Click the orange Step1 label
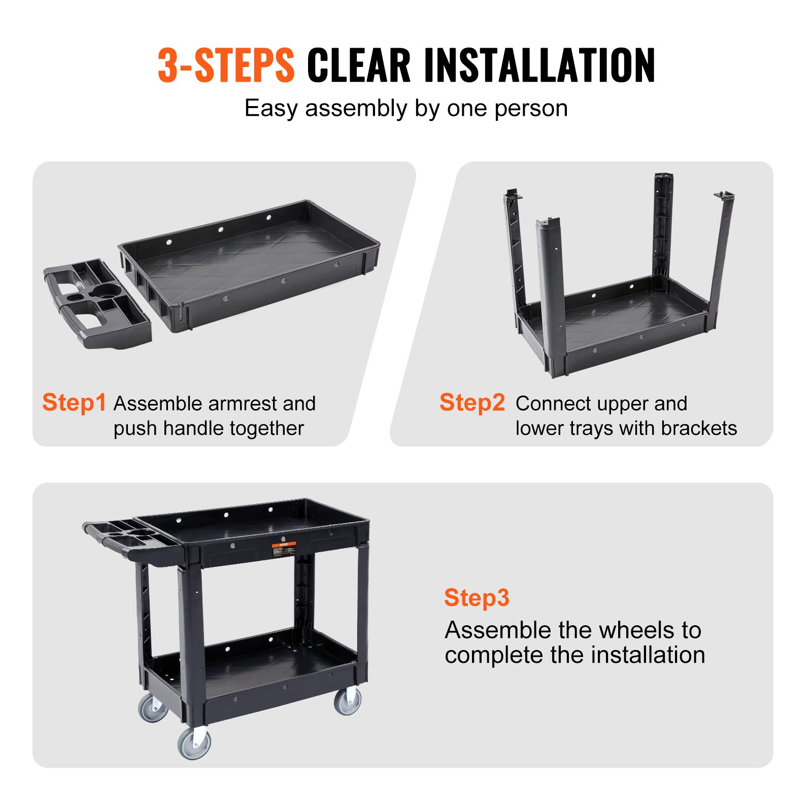pos(74,402)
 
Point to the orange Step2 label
pos(472,402)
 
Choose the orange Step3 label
pos(476,597)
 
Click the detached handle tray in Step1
pos(96,304)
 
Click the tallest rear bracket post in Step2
pos(662,228)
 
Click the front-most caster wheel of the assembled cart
pos(194,743)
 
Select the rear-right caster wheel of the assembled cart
pos(348,701)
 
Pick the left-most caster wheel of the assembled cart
pos(153,708)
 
